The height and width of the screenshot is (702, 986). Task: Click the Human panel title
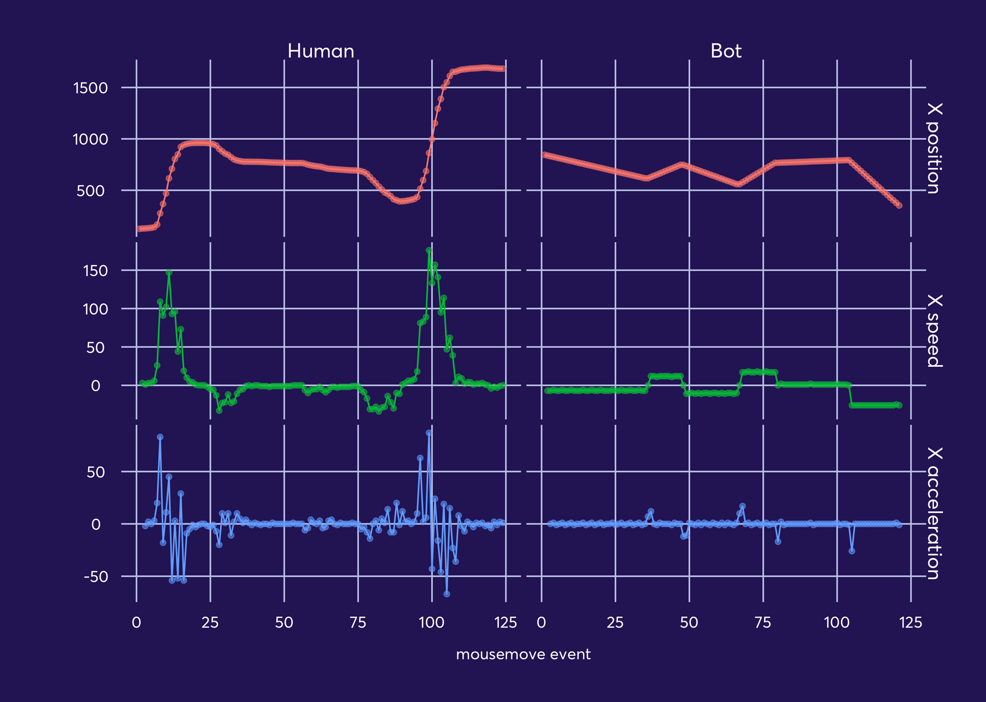tap(321, 51)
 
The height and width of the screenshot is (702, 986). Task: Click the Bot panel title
tap(726, 51)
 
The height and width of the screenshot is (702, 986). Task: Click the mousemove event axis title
tap(523, 655)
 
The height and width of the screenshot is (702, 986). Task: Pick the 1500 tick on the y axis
tap(90, 88)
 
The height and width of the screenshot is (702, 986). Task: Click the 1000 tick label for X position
tap(90, 140)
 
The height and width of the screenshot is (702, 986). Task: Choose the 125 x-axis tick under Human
tap(505, 623)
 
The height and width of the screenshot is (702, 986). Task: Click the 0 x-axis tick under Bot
tap(541, 623)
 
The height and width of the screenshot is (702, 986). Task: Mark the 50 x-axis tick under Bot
tap(689, 623)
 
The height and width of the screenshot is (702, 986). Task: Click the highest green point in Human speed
tap(429, 250)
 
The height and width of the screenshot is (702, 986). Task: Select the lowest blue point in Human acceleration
tap(447, 594)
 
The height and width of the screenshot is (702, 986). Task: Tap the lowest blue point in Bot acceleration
tap(851, 551)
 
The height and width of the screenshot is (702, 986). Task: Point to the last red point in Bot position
tap(899, 206)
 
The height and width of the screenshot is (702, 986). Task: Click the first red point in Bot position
tap(544, 154)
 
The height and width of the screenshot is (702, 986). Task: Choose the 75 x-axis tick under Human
tap(358, 623)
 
